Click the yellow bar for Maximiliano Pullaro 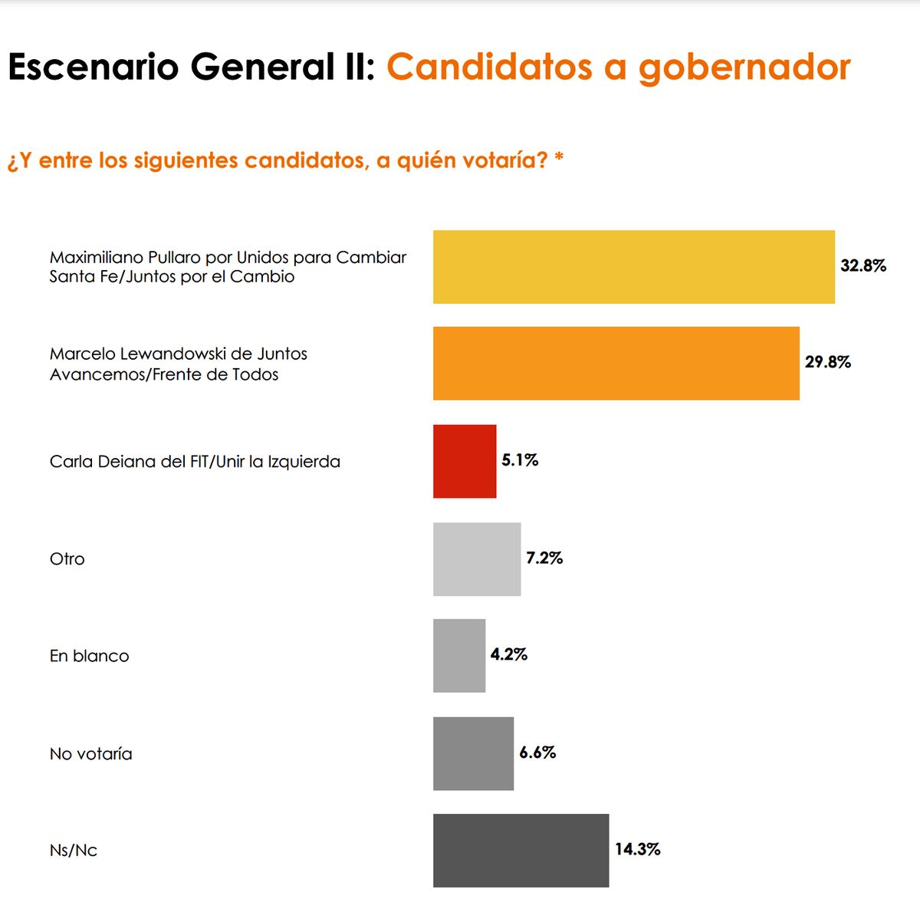click(x=633, y=267)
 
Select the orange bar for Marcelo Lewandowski click(x=616, y=364)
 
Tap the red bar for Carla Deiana click(x=465, y=461)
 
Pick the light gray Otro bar click(x=477, y=559)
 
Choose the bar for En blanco click(x=459, y=656)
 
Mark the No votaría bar click(x=473, y=753)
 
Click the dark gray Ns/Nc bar click(x=521, y=850)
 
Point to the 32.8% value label click(x=863, y=266)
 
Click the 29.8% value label click(x=828, y=362)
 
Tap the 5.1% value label click(x=520, y=460)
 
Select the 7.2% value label click(x=544, y=558)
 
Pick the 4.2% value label click(x=509, y=654)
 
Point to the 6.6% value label click(x=537, y=753)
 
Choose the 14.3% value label click(x=637, y=849)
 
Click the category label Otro click(x=67, y=559)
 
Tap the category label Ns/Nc click(x=74, y=851)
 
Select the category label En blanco click(x=90, y=657)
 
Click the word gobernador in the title click(x=744, y=68)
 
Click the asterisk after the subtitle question click(x=559, y=157)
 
